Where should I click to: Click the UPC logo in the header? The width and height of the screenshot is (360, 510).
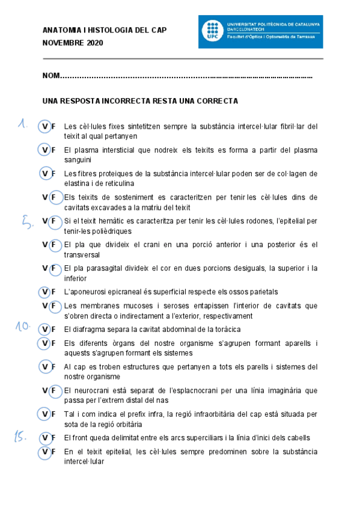[x=212, y=31]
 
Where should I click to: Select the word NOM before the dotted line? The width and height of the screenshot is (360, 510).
[x=51, y=76]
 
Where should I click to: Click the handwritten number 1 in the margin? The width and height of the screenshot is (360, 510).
[x=23, y=124]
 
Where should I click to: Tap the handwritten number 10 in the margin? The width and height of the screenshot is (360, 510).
[x=23, y=326]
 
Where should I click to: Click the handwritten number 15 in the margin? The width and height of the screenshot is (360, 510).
[x=22, y=438]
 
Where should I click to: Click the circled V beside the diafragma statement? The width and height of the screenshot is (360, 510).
[x=44, y=330]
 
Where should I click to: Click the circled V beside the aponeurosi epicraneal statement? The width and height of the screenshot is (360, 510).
[x=44, y=292]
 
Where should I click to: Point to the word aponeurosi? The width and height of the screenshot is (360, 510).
[x=94, y=292]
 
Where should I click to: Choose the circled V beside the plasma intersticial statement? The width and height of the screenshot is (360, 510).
[x=44, y=149]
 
